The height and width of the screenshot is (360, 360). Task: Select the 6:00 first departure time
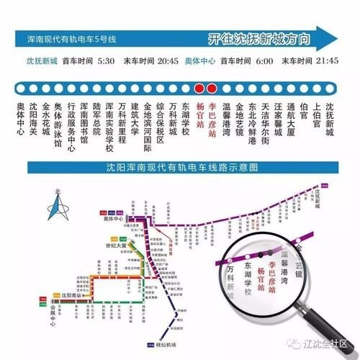[264, 60]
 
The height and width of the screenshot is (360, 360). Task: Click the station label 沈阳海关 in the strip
[32, 117]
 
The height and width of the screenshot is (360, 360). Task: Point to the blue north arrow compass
[59, 209]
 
